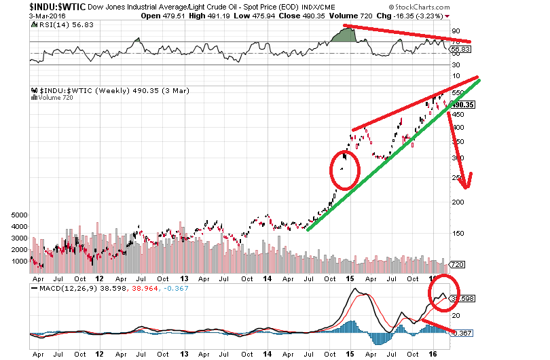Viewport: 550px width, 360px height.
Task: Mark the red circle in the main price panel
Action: (x=344, y=168)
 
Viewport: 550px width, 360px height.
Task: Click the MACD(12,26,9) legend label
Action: (x=61, y=289)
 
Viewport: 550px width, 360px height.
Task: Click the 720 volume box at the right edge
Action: (x=458, y=264)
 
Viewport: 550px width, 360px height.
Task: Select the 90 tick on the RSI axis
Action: (x=455, y=31)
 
